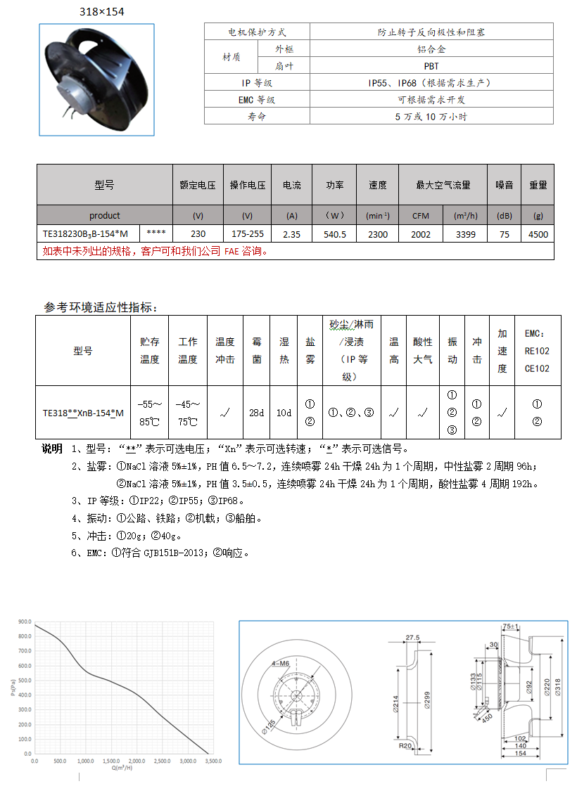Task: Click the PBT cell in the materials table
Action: (431, 66)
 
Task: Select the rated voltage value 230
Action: (198, 234)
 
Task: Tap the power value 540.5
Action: (334, 234)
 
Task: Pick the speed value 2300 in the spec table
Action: (378, 234)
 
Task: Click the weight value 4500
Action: (538, 234)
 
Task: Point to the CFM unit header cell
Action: (420, 215)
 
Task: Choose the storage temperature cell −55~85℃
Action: (150, 413)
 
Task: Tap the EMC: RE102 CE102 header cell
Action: (537, 351)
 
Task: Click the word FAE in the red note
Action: (232, 251)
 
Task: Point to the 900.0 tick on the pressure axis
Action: (25, 622)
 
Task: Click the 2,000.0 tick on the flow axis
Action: (137, 761)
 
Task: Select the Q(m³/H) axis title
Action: (122, 768)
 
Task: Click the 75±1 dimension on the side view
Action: (511, 626)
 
